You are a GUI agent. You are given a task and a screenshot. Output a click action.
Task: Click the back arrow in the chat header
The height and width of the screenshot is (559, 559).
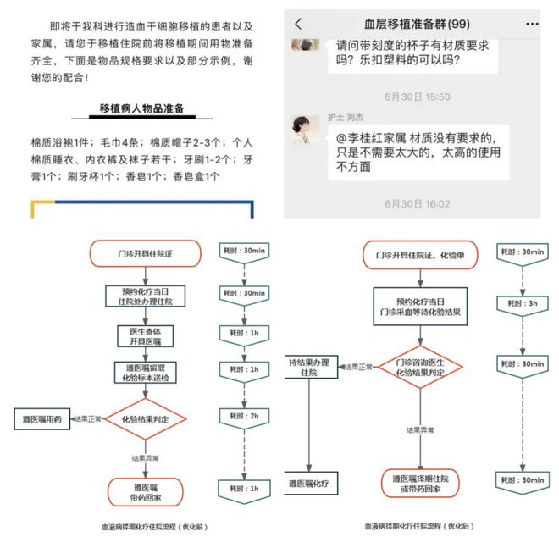pos(298,25)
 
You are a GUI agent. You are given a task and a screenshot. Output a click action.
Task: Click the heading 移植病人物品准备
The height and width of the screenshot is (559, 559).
pos(142,108)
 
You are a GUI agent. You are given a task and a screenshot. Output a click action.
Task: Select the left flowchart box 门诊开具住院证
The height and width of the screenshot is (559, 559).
pos(146,253)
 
